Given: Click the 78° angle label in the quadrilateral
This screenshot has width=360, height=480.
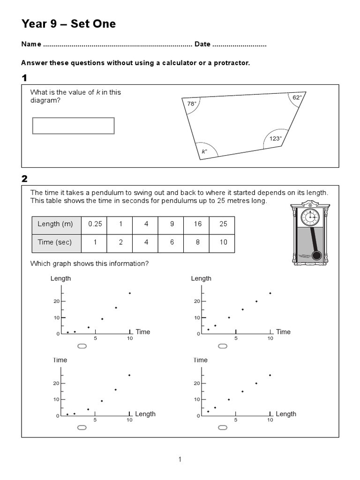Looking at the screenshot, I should [191, 104].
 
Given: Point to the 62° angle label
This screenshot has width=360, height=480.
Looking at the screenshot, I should [297, 97].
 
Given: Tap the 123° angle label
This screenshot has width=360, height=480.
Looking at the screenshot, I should [276, 138].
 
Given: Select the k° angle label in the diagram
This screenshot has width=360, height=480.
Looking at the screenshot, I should [204, 151].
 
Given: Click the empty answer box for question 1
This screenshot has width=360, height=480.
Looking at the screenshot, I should [73, 126].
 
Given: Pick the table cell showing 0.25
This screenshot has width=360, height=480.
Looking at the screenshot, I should [95, 224].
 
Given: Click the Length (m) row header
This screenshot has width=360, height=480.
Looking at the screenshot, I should [56, 224].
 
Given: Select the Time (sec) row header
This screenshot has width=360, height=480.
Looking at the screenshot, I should [56, 242].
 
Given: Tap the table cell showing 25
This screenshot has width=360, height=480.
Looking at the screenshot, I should [223, 224].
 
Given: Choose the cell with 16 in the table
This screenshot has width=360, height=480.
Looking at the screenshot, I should [198, 224].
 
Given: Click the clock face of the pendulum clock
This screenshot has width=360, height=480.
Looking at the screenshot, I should [310, 217].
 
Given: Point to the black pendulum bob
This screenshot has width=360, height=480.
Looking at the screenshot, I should [317, 255].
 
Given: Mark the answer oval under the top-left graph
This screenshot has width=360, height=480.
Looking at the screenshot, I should [82, 346].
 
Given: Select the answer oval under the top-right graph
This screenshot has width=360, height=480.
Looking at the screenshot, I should [223, 346].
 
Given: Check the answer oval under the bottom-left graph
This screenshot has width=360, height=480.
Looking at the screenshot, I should [82, 427].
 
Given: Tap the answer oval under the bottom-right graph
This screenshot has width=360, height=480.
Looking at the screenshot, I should [223, 427].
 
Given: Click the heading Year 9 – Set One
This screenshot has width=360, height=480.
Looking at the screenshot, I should [68, 24].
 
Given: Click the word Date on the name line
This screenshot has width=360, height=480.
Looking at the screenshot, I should [202, 45].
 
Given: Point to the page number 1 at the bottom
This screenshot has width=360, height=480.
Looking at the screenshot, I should [180, 459].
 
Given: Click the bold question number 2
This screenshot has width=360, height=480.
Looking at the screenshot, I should [24, 179].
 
